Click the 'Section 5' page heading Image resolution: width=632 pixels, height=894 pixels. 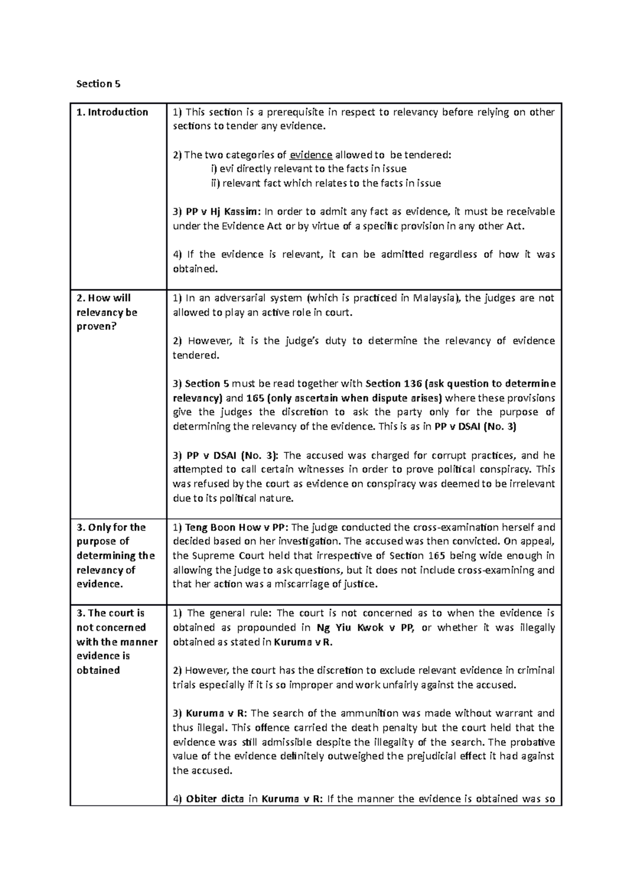click(94, 84)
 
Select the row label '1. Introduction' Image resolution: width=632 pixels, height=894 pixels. click(112, 112)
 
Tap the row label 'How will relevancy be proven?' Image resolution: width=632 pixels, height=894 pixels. click(107, 312)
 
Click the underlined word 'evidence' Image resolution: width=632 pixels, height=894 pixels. click(311, 155)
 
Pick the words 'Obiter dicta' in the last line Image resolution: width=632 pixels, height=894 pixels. click(214, 799)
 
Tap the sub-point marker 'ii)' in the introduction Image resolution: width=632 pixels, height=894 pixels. click(215, 183)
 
